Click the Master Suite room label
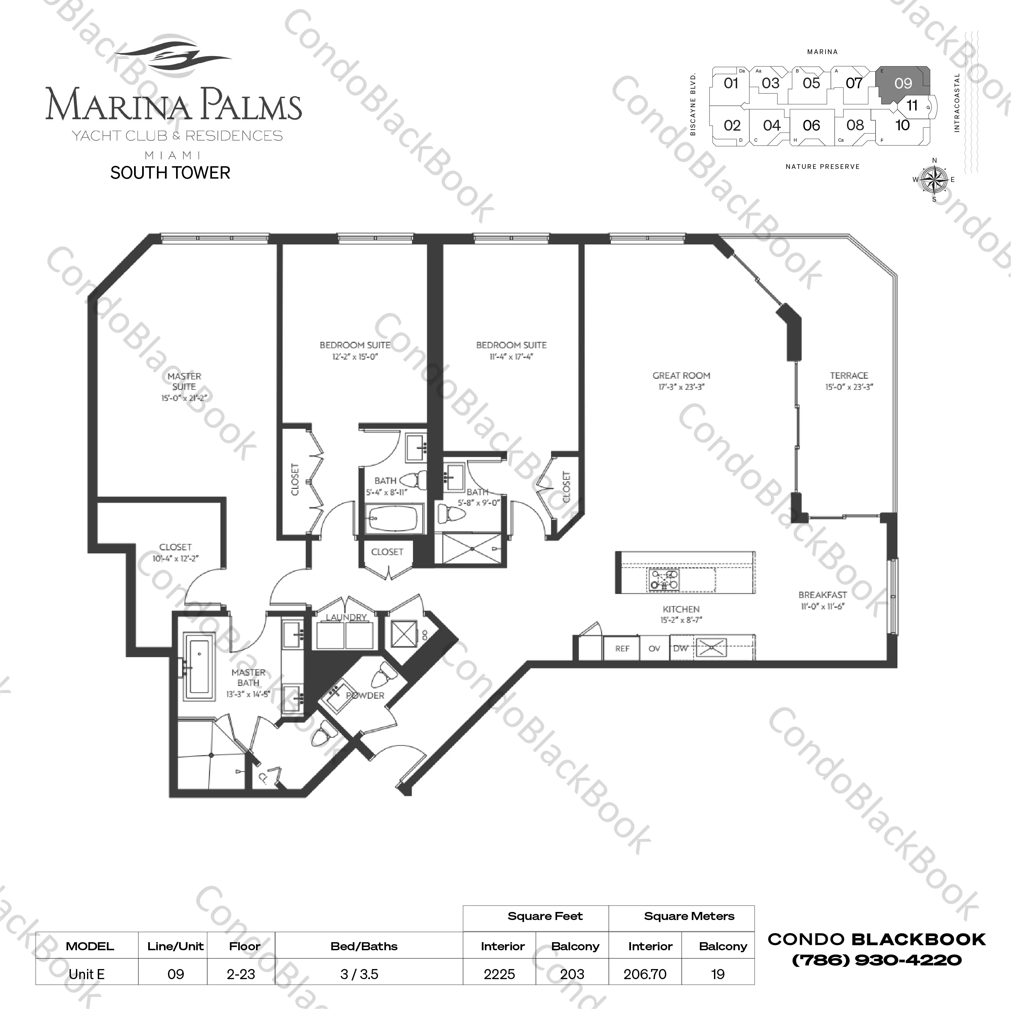(184, 381)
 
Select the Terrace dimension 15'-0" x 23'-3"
(849, 387)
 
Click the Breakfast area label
(822, 595)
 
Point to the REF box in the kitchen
(622, 649)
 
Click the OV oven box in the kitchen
(654, 649)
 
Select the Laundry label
(346, 617)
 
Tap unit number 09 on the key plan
(903, 83)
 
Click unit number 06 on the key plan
(811, 126)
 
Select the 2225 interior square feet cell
(499, 974)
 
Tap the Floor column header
(244, 946)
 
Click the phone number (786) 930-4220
(877, 960)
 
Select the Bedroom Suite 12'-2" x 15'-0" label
(355, 351)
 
